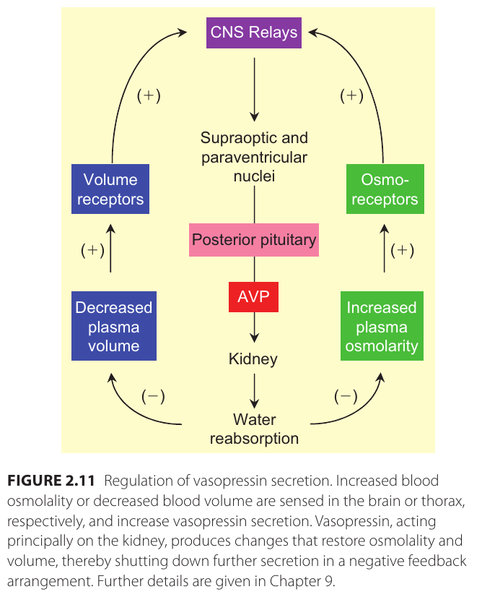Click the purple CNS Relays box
pyautogui.click(x=254, y=33)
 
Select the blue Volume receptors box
pyautogui.click(x=110, y=189)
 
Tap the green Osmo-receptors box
pyautogui.click(x=385, y=189)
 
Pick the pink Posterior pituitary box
pyautogui.click(x=254, y=240)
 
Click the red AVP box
pyautogui.click(x=254, y=297)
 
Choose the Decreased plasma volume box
pyautogui.click(x=114, y=327)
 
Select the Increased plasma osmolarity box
pyautogui.click(x=382, y=327)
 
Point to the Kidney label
pyautogui.click(x=253, y=358)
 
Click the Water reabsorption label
pyautogui.click(x=254, y=429)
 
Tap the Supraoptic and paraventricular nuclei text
pyautogui.click(x=254, y=157)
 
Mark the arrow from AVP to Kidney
pyautogui.click(x=254, y=330)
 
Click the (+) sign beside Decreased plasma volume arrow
pyautogui.click(x=92, y=250)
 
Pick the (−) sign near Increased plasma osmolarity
pyautogui.click(x=346, y=395)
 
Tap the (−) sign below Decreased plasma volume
pyautogui.click(x=153, y=395)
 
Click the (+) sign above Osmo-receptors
pyautogui.click(x=351, y=96)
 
